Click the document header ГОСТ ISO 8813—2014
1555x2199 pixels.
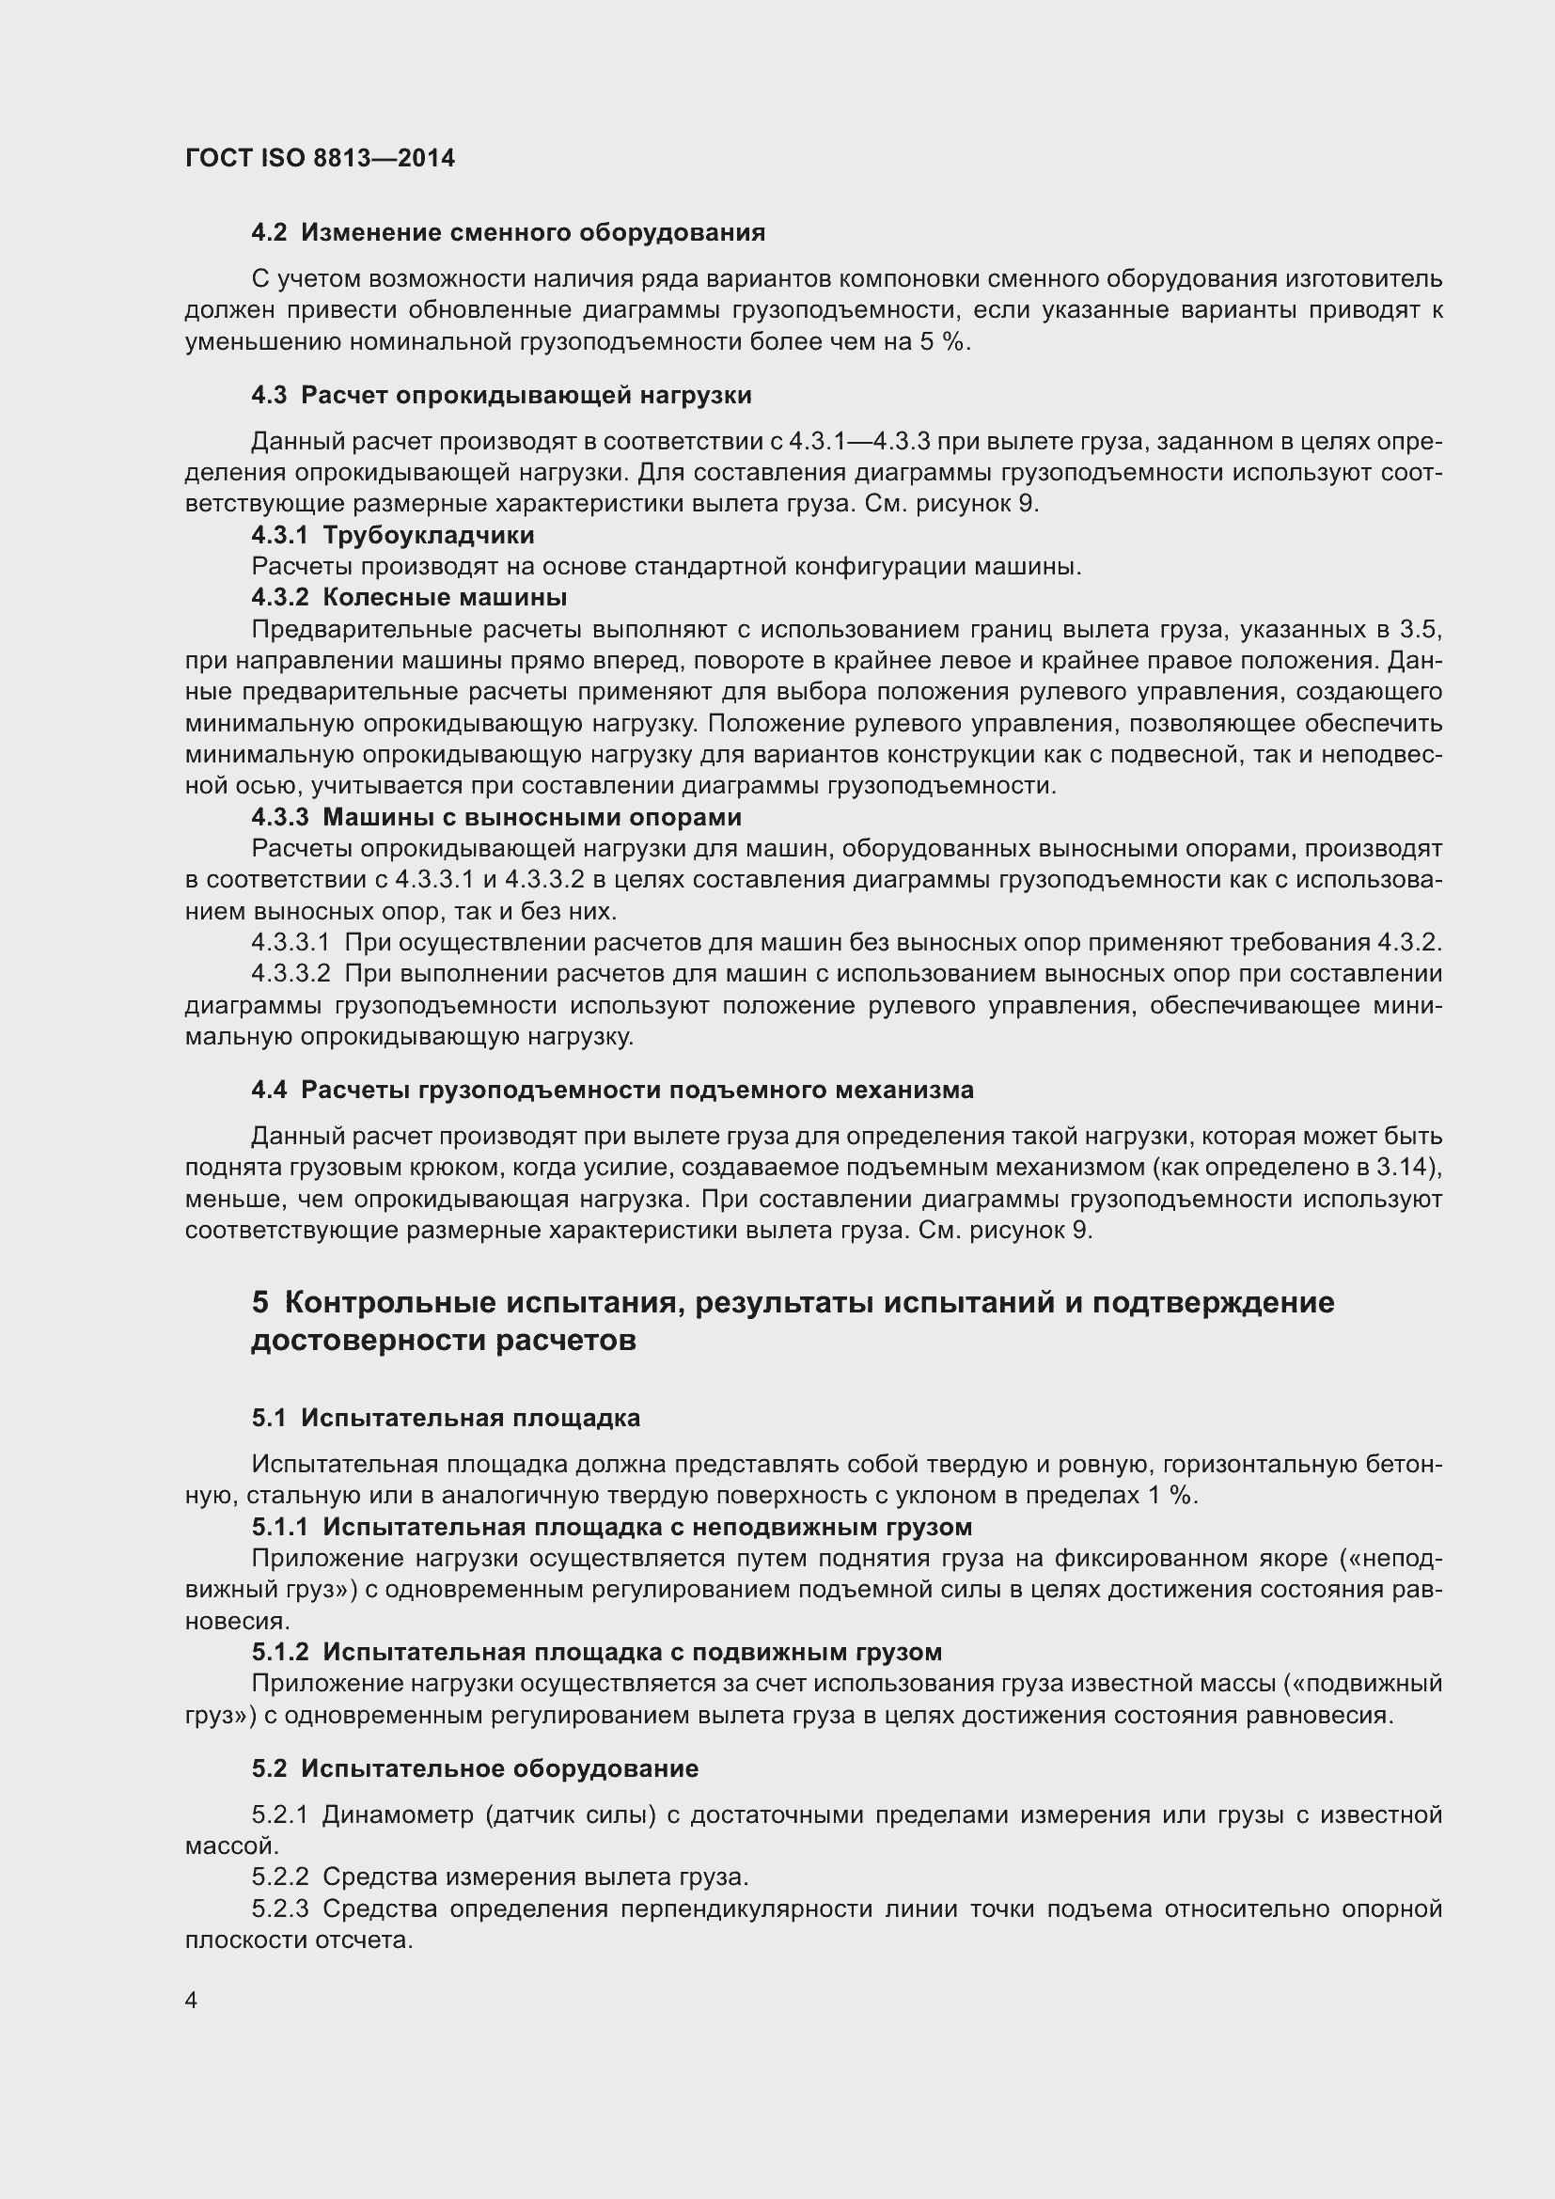pyautogui.click(x=320, y=158)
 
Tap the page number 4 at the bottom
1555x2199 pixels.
pyautogui.click(x=192, y=2001)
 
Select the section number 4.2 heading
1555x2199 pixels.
pyautogui.click(x=268, y=233)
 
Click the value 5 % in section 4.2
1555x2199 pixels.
pyautogui.click(x=940, y=342)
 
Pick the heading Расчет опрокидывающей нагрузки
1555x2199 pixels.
pyautogui.click(x=526, y=395)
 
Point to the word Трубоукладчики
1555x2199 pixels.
pyautogui.click(x=428, y=534)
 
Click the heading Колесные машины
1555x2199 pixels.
pyautogui.click(x=445, y=598)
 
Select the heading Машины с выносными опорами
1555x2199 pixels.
pyautogui.click(x=531, y=817)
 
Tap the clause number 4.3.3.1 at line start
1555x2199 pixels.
pyautogui.click(x=291, y=942)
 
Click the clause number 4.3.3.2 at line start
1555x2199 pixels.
pyautogui.click(x=291, y=974)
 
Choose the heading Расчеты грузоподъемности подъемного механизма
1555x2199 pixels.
pyautogui.click(x=636, y=1090)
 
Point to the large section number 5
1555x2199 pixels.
pyautogui.click(x=260, y=1302)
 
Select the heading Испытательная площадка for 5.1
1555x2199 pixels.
pyautogui.click(x=470, y=1418)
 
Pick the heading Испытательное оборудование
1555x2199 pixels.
pyautogui.click(x=499, y=1768)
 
